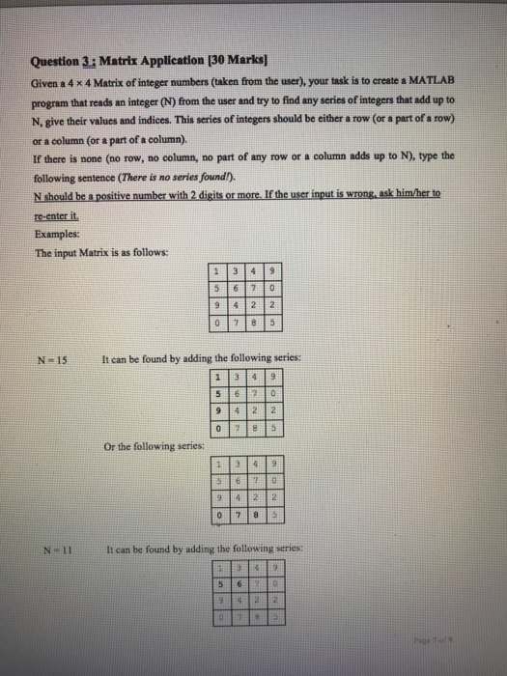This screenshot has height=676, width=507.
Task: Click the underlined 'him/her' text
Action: [x=412, y=192]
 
